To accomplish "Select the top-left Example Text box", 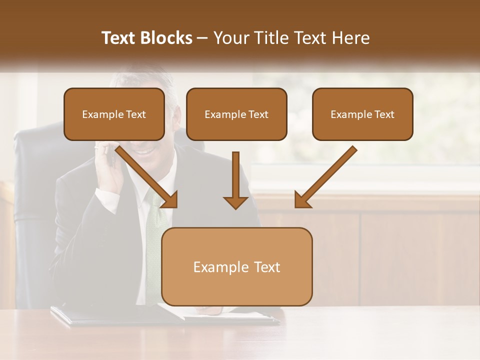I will (x=114, y=114).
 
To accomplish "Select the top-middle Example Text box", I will (x=236, y=114).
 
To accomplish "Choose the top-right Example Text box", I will (x=362, y=114).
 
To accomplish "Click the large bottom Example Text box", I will (x=236, y=267).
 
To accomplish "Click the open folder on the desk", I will (x=165, y=315).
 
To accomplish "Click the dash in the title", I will (x=202, y=38).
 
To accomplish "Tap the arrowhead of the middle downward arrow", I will (x=235, y=201).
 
